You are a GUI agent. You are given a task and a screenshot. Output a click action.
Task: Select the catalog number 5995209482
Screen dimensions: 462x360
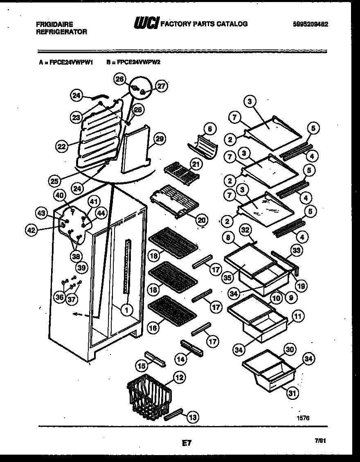(x=310, y=24)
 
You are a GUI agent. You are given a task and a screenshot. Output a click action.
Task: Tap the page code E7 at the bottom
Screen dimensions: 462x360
(x=187, y=442)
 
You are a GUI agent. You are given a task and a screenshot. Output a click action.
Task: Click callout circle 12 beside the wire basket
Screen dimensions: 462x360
(x=178, y=377)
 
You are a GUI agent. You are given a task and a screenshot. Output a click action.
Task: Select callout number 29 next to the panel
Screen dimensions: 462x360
(x=160, y=139)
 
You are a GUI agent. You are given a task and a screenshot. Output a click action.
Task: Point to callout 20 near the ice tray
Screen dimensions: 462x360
(x=200, y=220)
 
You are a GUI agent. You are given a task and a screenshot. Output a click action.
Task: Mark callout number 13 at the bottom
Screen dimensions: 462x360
(x=192, y=417)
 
